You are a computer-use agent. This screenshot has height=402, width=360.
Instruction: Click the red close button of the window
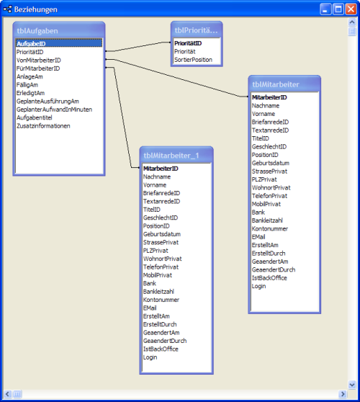click(351, 9)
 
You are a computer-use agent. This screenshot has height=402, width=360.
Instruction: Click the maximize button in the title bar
click(338, 9)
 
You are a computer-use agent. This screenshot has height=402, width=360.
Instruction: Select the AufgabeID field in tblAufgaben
click(31, 43)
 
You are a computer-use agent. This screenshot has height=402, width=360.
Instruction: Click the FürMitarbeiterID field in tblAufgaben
click(38, 68)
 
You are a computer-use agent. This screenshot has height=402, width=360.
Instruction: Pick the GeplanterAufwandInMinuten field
click(54, 110)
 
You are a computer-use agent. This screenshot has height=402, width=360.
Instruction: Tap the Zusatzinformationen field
click(43, 126)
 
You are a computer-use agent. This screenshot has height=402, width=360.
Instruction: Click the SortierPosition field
click(193, 60)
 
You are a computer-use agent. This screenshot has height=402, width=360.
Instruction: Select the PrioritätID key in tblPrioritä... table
click(188, 43)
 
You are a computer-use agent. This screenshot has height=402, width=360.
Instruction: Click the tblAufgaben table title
click(37, 31)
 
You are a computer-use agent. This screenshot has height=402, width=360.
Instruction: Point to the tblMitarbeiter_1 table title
click(171, 156)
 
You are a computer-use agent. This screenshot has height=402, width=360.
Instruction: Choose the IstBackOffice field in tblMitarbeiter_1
click(161, 349)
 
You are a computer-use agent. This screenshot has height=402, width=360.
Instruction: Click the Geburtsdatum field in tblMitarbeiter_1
click(162, 234)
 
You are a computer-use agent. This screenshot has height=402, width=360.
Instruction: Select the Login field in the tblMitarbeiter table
click(258, 286)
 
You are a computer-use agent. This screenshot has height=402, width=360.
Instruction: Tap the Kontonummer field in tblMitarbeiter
click(270, 228)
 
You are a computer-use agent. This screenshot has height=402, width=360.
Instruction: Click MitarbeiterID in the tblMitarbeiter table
click(269, 97)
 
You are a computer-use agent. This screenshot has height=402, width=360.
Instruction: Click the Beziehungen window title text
click(36, 9)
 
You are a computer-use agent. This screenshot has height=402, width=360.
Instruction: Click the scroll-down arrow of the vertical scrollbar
click(352, 385)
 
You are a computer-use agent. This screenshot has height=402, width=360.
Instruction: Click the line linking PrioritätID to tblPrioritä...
click(138, 47)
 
